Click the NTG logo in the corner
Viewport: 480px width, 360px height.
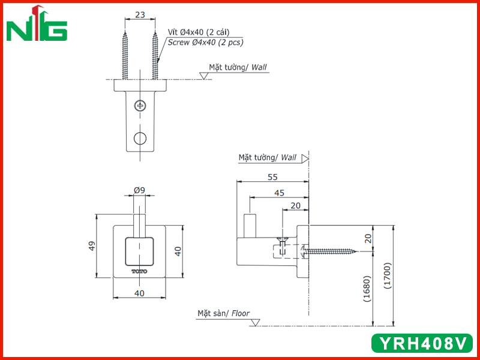tap(37, 23)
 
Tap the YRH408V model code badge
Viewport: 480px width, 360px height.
tap(422, 343)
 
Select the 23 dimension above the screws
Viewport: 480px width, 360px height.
tap(140, 14)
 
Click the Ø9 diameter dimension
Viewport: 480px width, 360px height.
tap(139, 190)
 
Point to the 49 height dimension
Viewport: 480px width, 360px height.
tap(92, 246)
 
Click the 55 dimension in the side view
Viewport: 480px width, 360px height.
tap(272, 177)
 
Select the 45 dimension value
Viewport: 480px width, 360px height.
tap(279, 193)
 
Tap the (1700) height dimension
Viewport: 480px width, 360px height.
tap(387, 276)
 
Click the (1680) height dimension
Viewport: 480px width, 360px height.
tap(367, 289)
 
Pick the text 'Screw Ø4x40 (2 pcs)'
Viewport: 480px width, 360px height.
tap(205, 42)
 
